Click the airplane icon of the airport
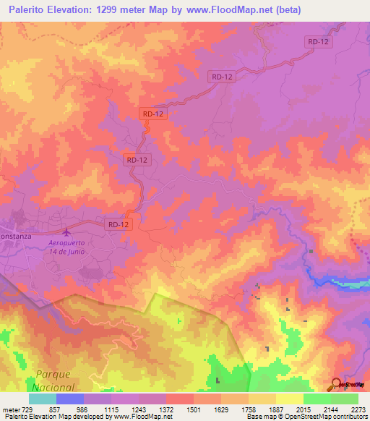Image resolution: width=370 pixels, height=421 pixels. [x=68, y=232]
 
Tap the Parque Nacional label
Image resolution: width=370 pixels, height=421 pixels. [x=53, y=380]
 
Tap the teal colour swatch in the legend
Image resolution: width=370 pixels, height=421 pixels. [x=43, y=399]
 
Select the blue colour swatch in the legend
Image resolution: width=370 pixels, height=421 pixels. [x=70, y=399]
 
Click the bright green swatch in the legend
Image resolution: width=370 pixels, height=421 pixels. [x=317, y=399]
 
